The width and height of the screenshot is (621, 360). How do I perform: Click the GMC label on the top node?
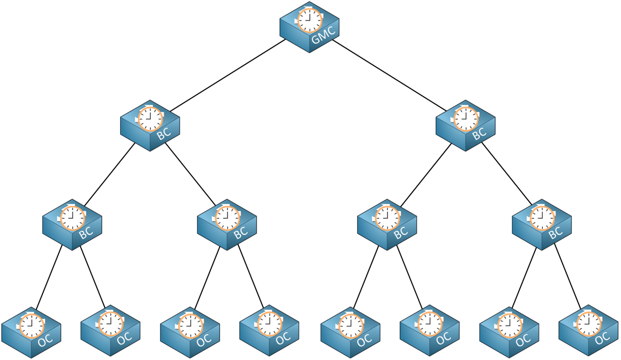point(323,35)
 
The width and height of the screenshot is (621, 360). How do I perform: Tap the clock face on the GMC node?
point(310,20)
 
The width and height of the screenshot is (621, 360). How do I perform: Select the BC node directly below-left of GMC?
point(150,126)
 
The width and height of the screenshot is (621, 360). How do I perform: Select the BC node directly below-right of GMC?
point(465,126)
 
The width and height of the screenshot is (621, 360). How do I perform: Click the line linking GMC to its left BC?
point(228,75)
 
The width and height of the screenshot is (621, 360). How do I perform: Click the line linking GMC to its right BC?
point(389,75)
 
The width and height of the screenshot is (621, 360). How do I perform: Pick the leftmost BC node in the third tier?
point(72,225)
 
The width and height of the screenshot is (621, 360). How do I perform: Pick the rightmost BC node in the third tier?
point(541,225)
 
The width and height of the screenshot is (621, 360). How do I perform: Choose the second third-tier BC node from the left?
point(227,225)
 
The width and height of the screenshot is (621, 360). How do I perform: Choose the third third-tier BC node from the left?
point(387,225)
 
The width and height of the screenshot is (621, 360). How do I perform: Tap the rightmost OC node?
point(588,331)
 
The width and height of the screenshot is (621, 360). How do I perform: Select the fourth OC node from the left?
point(269,331)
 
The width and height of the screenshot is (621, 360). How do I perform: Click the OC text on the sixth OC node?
point(443,338)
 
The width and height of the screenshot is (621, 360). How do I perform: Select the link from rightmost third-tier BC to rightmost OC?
point(567,276)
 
